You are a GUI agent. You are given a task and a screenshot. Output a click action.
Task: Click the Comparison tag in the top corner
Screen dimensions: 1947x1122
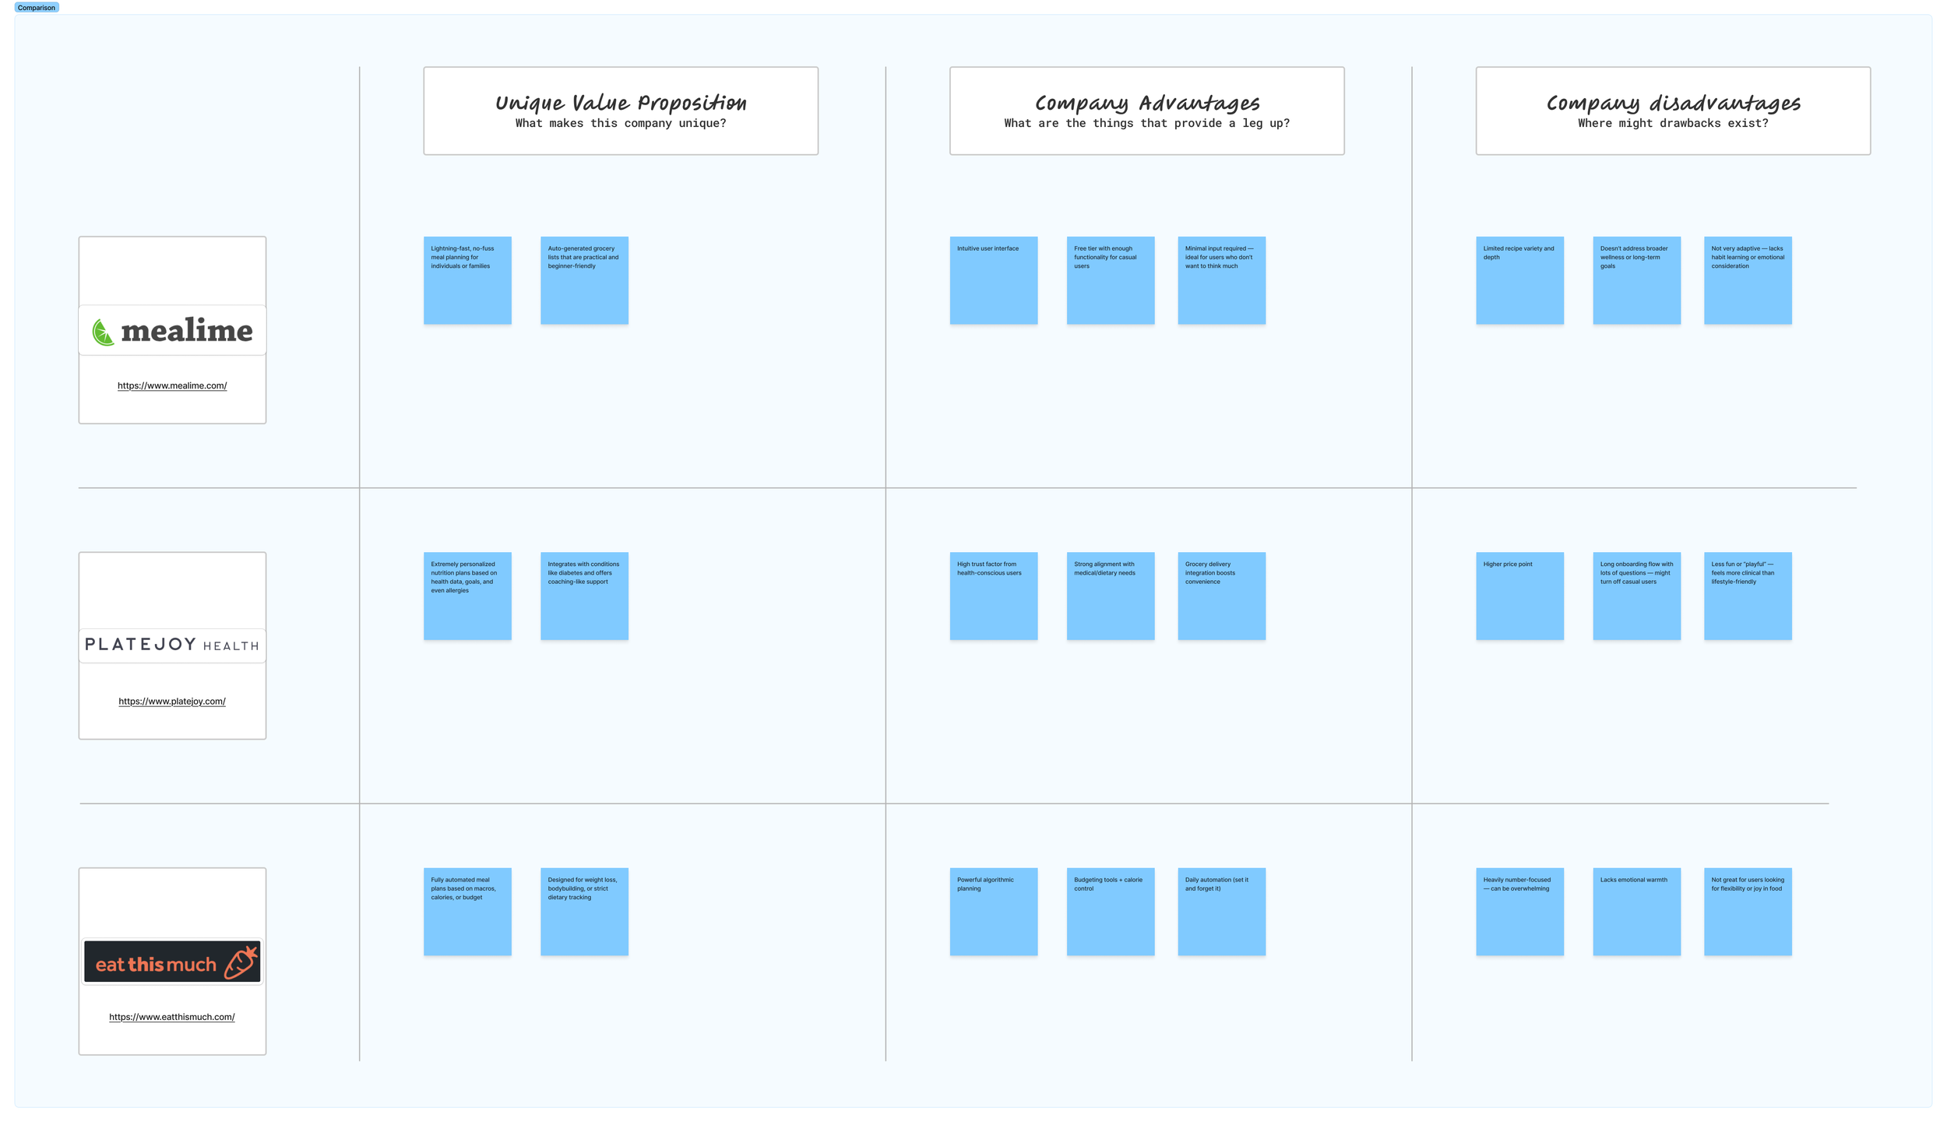tap(36, 8)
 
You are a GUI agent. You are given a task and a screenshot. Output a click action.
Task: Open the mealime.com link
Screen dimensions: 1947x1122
tap(172, 385)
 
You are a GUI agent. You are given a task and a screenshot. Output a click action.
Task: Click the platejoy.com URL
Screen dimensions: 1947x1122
tap(172, 701)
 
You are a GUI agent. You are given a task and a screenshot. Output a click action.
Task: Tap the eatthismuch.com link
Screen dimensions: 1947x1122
tap(172, 1017)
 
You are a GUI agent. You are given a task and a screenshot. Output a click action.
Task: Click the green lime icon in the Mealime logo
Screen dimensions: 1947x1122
tap(103, 332)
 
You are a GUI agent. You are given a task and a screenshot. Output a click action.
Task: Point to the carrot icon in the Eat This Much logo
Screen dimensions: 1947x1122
tap(241, 962)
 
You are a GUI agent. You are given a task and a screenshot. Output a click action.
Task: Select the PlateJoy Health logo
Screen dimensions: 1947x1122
tap(172, 645)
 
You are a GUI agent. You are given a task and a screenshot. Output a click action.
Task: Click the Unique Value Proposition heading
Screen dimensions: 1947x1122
tap(621, 103)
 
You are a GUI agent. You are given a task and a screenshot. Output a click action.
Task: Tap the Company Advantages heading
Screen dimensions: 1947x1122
tap(1146, 103)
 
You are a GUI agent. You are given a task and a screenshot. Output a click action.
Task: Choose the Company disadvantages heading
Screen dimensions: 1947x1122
tap(1673, 103)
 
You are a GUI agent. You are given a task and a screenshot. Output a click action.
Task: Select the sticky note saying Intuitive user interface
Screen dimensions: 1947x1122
tap(994, 280)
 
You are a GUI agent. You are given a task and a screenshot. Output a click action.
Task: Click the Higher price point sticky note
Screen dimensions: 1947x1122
tap(1519, 596)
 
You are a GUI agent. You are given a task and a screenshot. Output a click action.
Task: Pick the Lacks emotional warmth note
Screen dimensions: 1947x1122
tap(1636, 911)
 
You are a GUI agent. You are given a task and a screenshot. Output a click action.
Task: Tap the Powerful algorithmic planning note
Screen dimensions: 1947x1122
tap(994, 911)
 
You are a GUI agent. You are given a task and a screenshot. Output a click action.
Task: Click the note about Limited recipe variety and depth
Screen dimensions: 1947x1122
tap(1519, 280)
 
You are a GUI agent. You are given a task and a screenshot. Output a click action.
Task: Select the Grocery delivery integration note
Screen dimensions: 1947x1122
tap(1221, 596)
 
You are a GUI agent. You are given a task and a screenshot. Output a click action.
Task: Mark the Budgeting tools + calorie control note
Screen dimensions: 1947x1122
tap(1111, 911)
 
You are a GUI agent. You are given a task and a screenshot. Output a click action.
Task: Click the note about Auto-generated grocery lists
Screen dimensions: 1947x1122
tap(584, 280)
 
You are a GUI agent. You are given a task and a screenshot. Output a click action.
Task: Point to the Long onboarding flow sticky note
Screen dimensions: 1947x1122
tap(1636, 596)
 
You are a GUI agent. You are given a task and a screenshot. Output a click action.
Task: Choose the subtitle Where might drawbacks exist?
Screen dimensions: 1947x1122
tap(1673, 123)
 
